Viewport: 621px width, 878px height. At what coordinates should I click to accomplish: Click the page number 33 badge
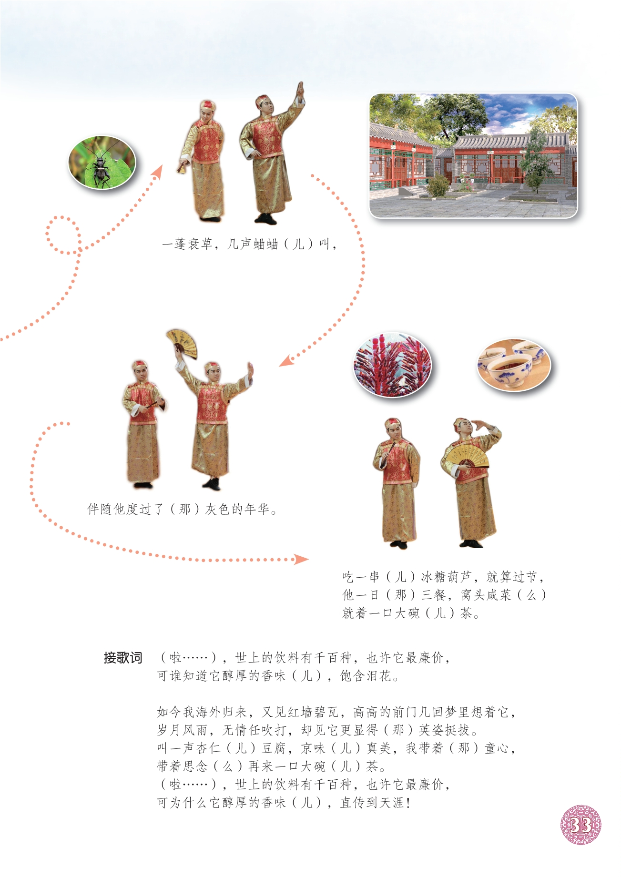coord(580,825)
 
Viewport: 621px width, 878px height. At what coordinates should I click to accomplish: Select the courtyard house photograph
coord(473,156)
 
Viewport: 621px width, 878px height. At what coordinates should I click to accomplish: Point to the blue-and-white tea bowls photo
coord(514,365)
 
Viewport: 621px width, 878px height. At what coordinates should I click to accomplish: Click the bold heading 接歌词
coord(123,658)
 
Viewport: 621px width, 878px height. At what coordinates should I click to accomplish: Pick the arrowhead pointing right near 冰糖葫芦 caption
coord(301,559)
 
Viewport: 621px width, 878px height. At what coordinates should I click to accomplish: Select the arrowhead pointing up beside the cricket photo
coord(157,172)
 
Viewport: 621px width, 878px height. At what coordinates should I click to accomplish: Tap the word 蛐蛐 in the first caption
coord(265,244)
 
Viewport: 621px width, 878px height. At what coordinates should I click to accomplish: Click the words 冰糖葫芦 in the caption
coord(446,577)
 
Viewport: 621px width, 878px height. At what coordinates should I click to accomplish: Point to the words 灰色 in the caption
coord(218,509)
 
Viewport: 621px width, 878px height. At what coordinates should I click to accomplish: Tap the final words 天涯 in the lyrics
coord(391,803)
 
